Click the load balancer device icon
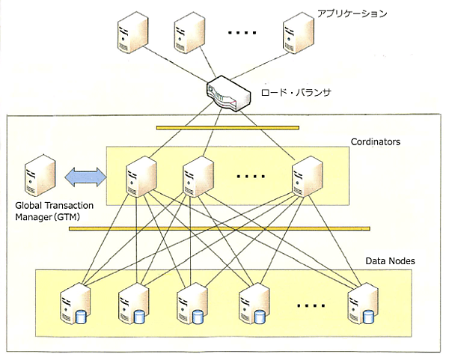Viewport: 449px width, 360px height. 227,94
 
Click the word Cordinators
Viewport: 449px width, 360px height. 376,141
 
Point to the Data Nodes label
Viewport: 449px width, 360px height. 391,261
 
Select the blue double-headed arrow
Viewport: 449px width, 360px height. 85,177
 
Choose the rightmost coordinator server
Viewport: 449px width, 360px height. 307,176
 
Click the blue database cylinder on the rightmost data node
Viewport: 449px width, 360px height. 369,316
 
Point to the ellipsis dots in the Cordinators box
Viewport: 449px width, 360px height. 251,177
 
